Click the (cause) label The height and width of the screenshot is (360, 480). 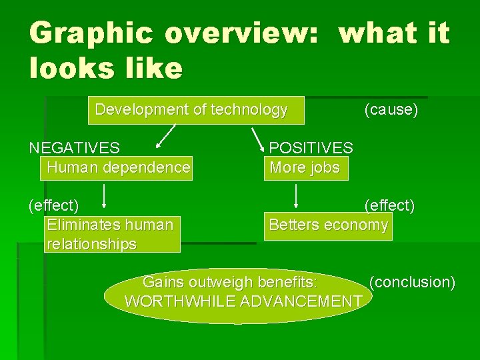pos(391,110)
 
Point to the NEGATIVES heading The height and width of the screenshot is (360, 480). pos(75,147)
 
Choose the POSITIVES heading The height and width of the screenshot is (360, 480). pos(311,147)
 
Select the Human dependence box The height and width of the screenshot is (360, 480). pos(118,167)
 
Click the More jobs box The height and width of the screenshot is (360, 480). pos(305,167)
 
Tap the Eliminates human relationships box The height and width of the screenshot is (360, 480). pos(111,235)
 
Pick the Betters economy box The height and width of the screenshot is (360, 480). pos(328,225)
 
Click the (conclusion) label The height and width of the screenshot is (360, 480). pos(412,282)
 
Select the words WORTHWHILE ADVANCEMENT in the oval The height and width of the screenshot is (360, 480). pos(243,301)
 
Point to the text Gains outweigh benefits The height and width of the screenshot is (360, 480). pos(230,282)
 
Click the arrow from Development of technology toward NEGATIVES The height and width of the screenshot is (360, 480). pos(166,135)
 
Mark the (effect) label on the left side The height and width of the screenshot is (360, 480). pos(53,205)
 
